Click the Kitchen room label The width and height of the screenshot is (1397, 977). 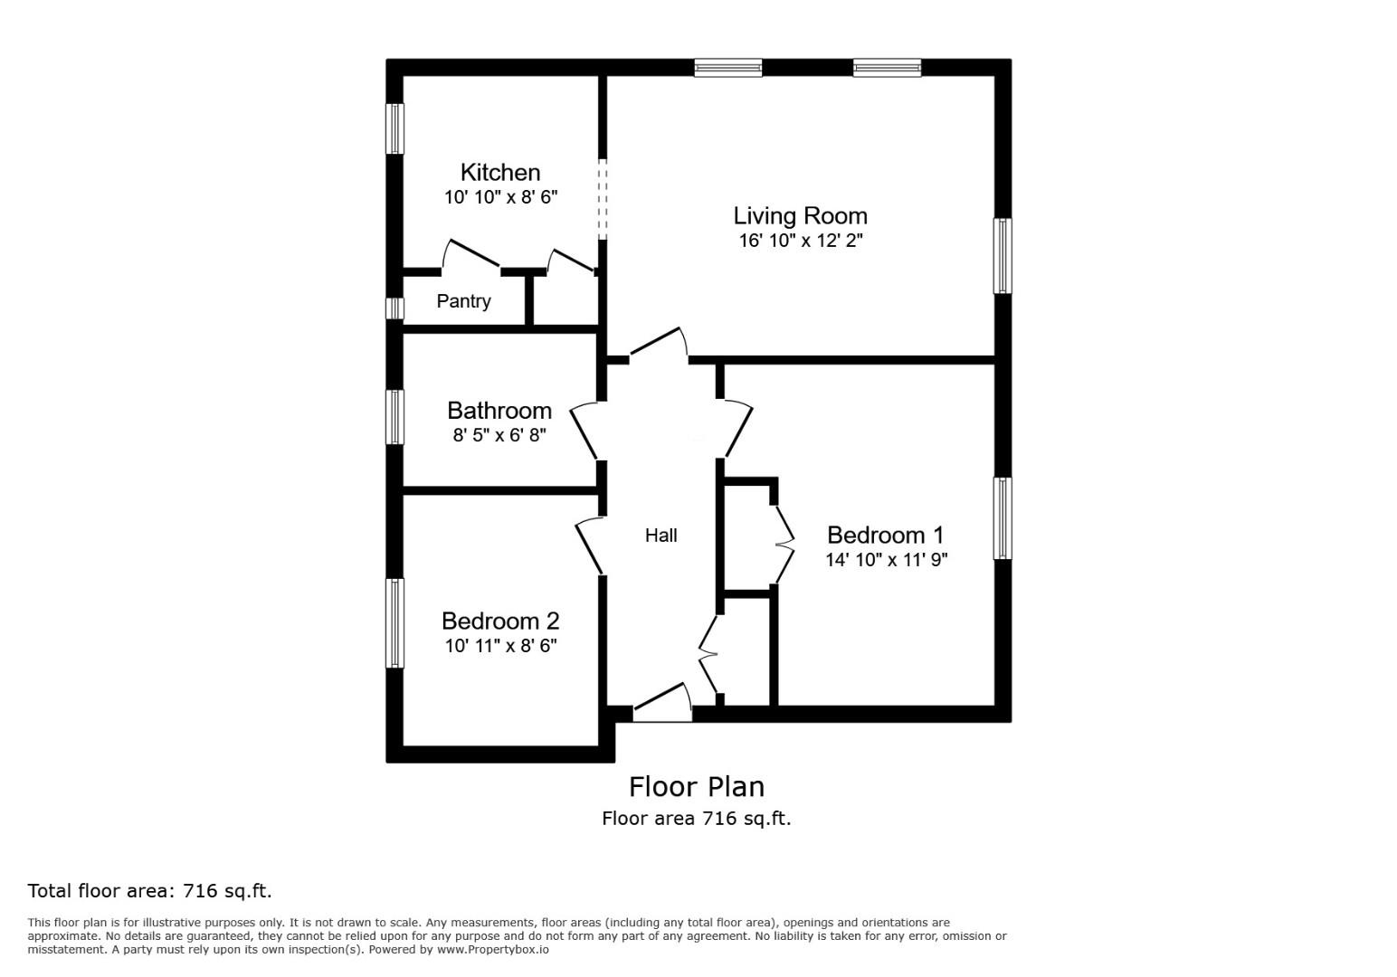[x=499, y=172]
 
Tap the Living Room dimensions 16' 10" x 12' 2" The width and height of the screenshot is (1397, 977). [x=801, y=241]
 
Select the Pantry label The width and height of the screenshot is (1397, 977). [x=463, y=301]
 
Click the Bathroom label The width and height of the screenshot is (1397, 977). [x=499, y=410]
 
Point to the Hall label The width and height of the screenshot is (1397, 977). [x=660, y=536]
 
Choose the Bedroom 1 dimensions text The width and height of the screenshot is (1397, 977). [x=886, y=560]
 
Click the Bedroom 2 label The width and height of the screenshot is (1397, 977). [x=500, y=621]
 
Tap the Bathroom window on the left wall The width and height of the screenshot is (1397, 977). [x=394, y=417]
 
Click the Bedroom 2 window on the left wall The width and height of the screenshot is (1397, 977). [x=394, y=623]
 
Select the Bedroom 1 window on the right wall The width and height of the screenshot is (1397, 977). [x=1003, y=518]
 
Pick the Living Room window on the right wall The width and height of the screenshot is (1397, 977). [x=1003, y=256]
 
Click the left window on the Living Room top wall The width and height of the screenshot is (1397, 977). [x=728, y=68]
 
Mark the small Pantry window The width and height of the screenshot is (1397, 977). [x=394, y=308]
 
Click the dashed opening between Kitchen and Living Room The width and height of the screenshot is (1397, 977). [x=603, y=199]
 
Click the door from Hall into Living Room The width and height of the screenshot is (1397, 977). [x=659, y=344]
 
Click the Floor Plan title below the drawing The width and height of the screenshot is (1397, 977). [x=696, y=786]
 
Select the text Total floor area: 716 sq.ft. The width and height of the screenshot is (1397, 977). [x=149, y=891]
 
